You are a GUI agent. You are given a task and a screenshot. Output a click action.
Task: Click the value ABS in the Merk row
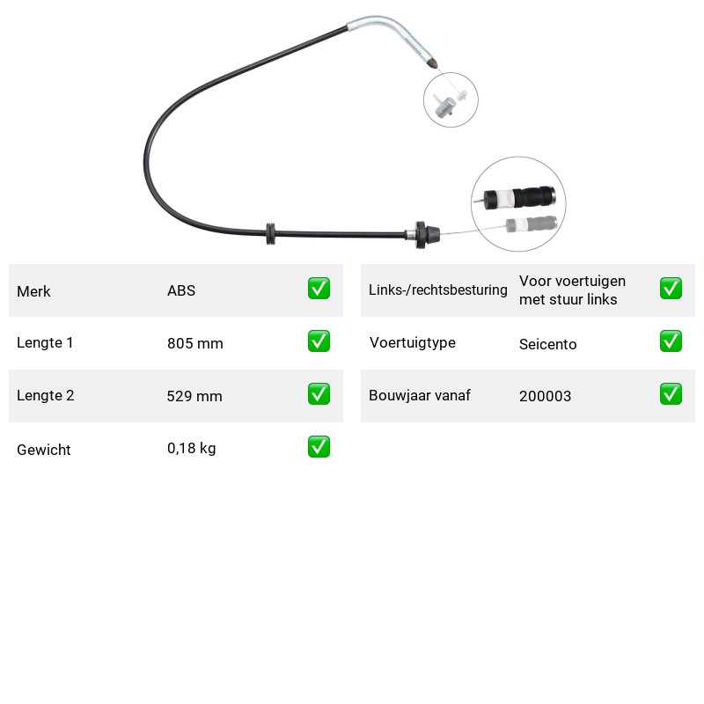click(181, 290)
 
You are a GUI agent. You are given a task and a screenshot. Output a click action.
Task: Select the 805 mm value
click(194, 343)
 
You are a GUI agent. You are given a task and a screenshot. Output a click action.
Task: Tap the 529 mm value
click(194, 396)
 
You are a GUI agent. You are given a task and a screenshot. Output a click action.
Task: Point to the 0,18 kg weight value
click(191, 448)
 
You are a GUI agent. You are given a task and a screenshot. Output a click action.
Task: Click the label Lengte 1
click(45, 342)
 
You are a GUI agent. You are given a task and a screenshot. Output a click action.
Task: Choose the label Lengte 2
click(46, 395)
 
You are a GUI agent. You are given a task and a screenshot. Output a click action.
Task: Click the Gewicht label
click(43, 450)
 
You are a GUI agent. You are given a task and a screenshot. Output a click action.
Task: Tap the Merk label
click(33, 291)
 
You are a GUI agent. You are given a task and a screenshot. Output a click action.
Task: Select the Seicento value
click(547, 344)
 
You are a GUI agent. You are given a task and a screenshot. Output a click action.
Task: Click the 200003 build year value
click(545, 396)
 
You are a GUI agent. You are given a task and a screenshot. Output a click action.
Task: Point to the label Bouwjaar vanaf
click(420, 395)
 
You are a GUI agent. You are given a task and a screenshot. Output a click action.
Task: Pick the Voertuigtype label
click(412, 342)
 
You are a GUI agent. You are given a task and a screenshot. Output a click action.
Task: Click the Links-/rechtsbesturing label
click(437, 290)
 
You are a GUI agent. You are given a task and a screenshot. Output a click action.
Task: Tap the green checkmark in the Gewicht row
click(319, 447)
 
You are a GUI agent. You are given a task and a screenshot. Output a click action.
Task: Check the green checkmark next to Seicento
click(671, 341)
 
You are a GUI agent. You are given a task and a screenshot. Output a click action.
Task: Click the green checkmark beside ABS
click(319, 289)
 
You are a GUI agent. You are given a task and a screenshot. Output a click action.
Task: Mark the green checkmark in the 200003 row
click(671, 393)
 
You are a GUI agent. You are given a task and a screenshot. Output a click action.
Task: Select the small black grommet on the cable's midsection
click(270, 233)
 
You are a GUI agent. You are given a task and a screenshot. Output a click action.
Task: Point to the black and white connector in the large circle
click(519, 197)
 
